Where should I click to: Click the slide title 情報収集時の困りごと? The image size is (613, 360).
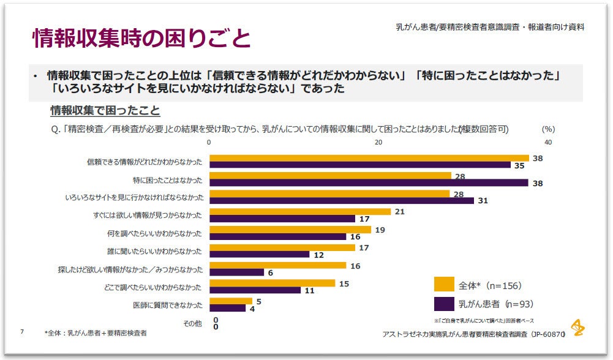point(141,38)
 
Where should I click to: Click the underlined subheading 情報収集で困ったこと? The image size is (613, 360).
point(105,111)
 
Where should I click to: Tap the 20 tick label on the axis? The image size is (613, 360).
point(378,142)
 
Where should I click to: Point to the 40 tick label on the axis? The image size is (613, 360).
point(547,142)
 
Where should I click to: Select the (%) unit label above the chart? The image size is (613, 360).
point(548,129)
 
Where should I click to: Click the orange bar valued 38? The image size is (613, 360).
point(369,158)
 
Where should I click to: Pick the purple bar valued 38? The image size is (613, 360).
point(369,182)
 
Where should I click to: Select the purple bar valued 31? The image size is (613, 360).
point(341,200)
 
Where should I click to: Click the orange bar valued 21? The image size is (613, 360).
point(300,212)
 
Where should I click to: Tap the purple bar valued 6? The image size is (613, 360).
point(236,272)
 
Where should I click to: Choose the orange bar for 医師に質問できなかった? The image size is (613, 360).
point(231,301)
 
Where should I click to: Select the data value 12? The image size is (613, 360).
point(318,255)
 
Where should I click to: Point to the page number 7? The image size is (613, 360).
point(22,331)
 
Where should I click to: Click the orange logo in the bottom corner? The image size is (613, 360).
point(577,328)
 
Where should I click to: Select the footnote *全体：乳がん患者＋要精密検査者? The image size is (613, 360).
point(95,332)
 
